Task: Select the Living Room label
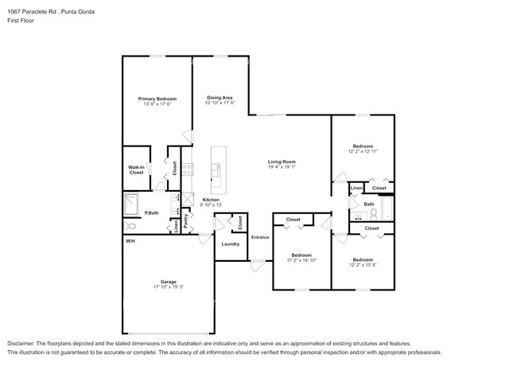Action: coord(282,162)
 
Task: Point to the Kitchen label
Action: coord(211,199)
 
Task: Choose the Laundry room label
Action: coord(231,244)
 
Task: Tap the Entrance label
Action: coord(260,237)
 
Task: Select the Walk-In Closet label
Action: coord(136,169)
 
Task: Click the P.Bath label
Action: coord(152,212)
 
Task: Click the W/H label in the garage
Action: coord(130,240)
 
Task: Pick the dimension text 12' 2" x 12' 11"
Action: coord(363,151)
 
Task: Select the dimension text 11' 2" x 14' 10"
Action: coord(301,260)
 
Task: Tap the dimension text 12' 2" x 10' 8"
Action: coord(363,265)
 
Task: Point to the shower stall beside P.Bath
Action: coord(131,204)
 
